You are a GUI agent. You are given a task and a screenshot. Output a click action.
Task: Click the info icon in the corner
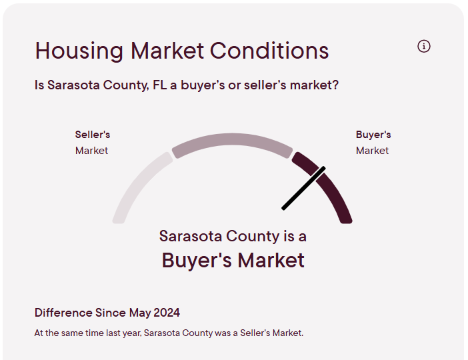[424, 46]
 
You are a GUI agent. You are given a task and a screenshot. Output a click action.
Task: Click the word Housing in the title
[79, 51]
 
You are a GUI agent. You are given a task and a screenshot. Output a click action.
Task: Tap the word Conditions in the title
[269, 51]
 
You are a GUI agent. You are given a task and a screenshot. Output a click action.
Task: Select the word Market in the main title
[167, 51]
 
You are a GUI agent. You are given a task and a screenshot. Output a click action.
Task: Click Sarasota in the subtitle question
[73, 85]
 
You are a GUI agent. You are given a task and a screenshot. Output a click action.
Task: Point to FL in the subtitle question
[160, 85]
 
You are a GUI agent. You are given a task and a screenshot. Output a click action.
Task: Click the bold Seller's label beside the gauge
[93, 135]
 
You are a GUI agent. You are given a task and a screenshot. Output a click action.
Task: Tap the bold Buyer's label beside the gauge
[373, 135]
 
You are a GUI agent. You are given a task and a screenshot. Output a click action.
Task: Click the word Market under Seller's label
[91, 151]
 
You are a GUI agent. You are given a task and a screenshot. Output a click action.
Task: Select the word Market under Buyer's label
[372, 151]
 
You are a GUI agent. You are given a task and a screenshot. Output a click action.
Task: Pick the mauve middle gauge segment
[232, 140]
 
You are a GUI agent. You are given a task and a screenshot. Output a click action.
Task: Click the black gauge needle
[303, 189]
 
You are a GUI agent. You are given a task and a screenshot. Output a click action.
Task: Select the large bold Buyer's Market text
[233, 260]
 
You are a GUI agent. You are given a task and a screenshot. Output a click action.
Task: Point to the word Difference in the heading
[63, 313]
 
